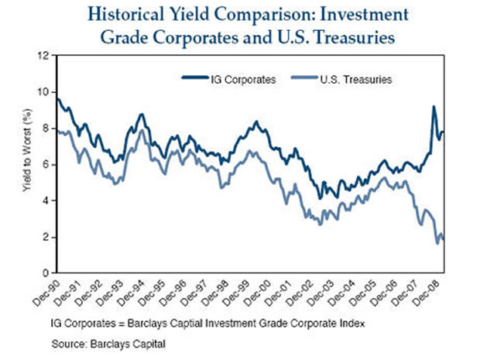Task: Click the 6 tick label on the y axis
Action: (x=45, y=164)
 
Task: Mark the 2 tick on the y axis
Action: (x=45, y=237)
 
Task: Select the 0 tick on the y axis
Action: (x=45, y=273)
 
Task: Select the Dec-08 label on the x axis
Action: (x=433, y=293)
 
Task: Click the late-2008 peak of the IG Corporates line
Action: (x=434, y=107)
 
